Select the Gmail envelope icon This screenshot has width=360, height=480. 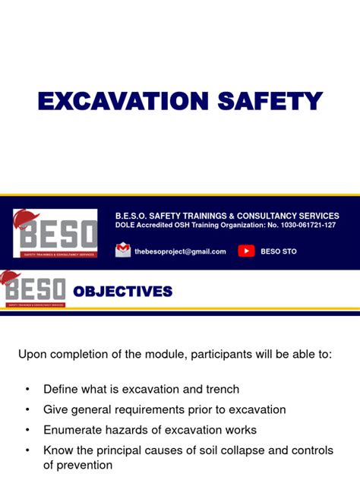coord(123,251)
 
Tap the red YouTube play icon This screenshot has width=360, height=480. coord(246,251)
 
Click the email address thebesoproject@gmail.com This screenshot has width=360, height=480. coord(180,251)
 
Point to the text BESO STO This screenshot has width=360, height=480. coord(278,251)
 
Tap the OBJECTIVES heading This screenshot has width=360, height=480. coord(122,292)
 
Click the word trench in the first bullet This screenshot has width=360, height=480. coord(221,389)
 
